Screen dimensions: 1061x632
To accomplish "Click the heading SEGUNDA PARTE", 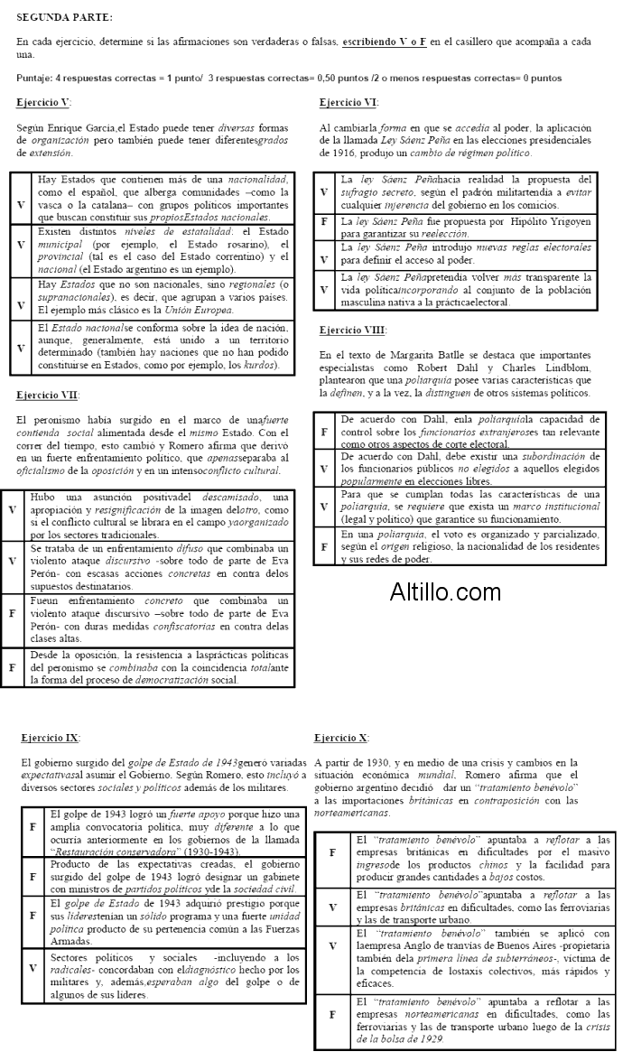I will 65,17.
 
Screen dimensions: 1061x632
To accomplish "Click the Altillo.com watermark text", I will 445,592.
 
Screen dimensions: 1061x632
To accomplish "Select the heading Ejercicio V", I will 43,102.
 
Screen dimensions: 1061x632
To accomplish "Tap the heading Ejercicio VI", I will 349,102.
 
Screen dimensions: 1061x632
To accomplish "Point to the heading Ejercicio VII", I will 47,395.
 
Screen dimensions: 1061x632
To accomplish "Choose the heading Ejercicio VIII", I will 353,330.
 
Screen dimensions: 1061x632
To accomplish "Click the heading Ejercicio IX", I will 50,738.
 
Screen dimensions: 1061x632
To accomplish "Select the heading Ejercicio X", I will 341,738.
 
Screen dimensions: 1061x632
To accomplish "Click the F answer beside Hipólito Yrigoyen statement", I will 324,221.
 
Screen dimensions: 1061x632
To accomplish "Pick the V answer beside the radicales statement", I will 33,968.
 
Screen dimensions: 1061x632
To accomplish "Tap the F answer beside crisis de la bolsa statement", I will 331,1020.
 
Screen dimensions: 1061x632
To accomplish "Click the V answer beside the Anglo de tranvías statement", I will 331,958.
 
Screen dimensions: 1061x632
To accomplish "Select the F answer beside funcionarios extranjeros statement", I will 324,432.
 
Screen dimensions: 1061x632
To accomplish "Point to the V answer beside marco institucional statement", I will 324,507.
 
